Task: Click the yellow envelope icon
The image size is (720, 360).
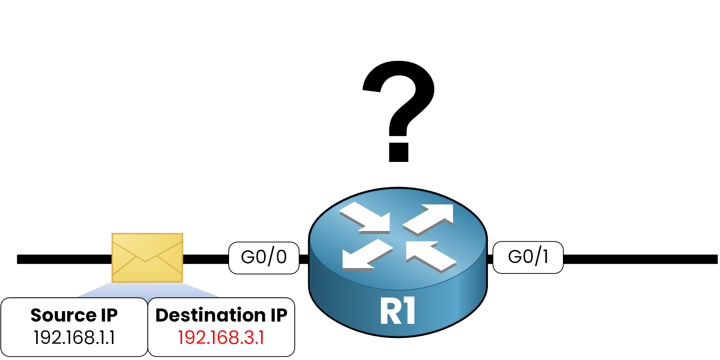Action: click(x=147, y=257)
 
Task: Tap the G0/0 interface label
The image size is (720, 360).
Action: click(x=264, y=257)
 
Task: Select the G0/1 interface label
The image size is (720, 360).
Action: click(x=528, y=257)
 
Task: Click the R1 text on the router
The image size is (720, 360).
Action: click(x=398, y=311)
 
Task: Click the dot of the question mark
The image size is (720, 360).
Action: click(x=398, y=152)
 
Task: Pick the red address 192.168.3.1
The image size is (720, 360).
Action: click(x=221, y=338)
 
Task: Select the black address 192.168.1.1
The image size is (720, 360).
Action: click(x=74, y=338)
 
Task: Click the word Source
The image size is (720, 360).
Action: click(x=63, y=316)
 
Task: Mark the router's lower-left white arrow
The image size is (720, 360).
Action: click(x=366, y=255)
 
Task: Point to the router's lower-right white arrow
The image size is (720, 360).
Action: click(x=431, y=256)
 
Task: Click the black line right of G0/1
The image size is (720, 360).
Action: click(x=640, y=259)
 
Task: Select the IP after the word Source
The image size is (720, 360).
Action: click(x=109, y=316)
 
